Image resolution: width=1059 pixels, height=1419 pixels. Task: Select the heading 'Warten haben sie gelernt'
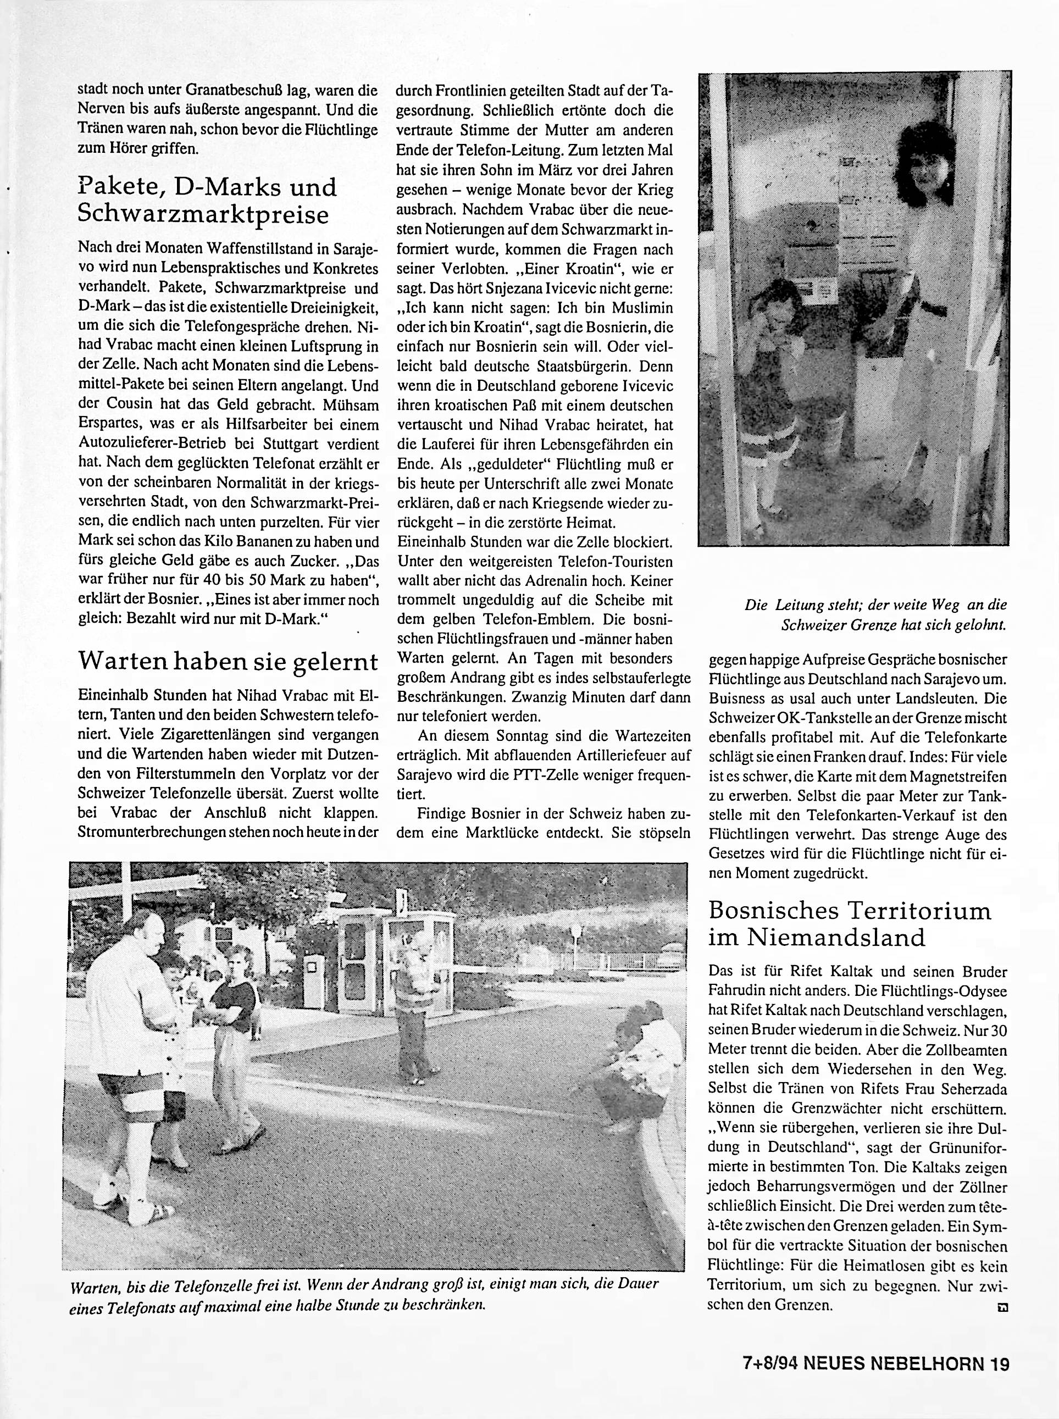coord(228,661)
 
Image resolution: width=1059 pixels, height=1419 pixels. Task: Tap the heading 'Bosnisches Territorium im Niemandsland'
coord(850,924)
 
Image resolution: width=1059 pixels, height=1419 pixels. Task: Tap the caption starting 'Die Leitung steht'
coord(875,614)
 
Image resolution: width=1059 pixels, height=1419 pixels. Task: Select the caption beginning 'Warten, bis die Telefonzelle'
coord(363,1295)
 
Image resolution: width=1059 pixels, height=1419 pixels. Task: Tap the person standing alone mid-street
coord(417,1019)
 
